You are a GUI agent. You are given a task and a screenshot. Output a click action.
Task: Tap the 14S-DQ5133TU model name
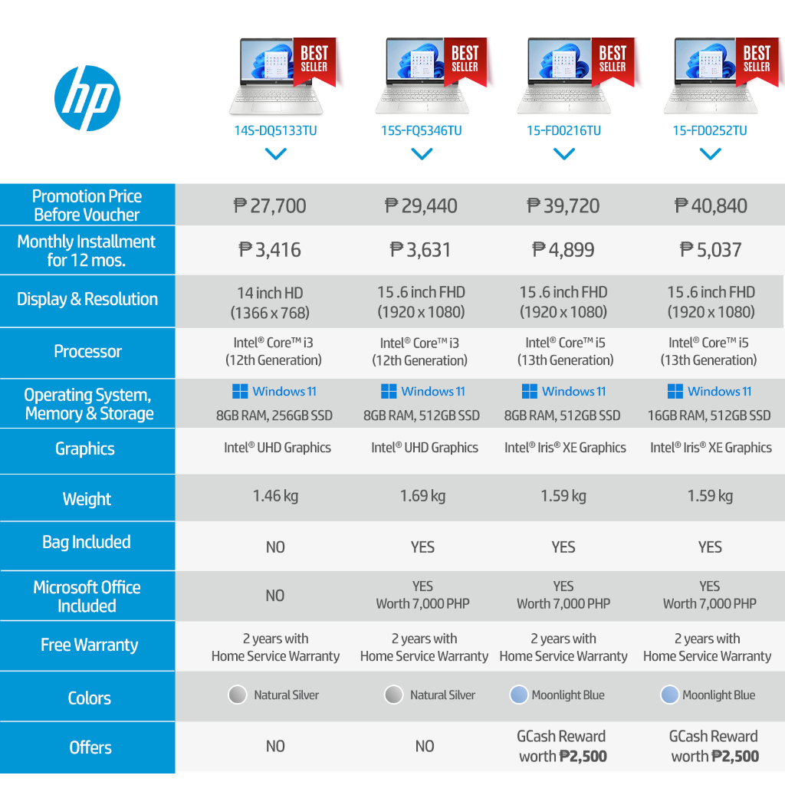click(275, 131)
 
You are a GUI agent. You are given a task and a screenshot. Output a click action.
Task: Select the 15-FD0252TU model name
click(710, 131)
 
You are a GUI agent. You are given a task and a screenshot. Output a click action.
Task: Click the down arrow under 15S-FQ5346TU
click(422, 154)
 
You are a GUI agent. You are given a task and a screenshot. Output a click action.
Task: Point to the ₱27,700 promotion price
click(270, 206)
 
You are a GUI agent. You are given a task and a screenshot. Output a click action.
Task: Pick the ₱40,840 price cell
click(711, 206)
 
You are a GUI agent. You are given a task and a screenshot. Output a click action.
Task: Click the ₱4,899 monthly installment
click(563, 250)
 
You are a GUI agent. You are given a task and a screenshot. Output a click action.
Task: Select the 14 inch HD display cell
click(270, 302)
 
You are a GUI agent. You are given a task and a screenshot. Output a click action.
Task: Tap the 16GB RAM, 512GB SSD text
click(709, 415)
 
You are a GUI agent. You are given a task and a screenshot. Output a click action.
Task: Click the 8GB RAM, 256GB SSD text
click(274, 415)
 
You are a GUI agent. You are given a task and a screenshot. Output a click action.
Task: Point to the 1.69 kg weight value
click(422, 496)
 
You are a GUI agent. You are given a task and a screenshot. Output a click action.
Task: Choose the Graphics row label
click(85, 449)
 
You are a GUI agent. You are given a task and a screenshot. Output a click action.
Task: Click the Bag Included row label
click(87, 543)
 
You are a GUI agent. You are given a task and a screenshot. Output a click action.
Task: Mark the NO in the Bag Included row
click(275, 547)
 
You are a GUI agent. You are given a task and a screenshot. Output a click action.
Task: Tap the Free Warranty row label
click(89, 645)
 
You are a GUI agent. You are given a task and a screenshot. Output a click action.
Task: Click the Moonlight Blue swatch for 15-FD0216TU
click(519, 695)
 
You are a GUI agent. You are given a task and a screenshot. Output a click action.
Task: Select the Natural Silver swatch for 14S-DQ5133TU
click(238, 695)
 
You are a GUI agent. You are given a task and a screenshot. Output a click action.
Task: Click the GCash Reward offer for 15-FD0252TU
click(714, 746)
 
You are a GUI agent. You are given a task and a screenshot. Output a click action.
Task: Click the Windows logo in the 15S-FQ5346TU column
click(389, 392)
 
